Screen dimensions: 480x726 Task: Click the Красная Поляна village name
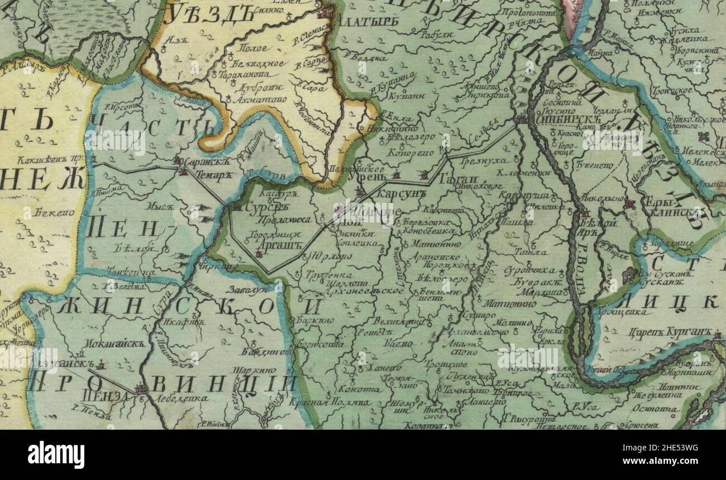pyautogui.click(x=330, y=402)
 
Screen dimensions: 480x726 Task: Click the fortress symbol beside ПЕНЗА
pyautogui.click(x=142, y=389)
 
